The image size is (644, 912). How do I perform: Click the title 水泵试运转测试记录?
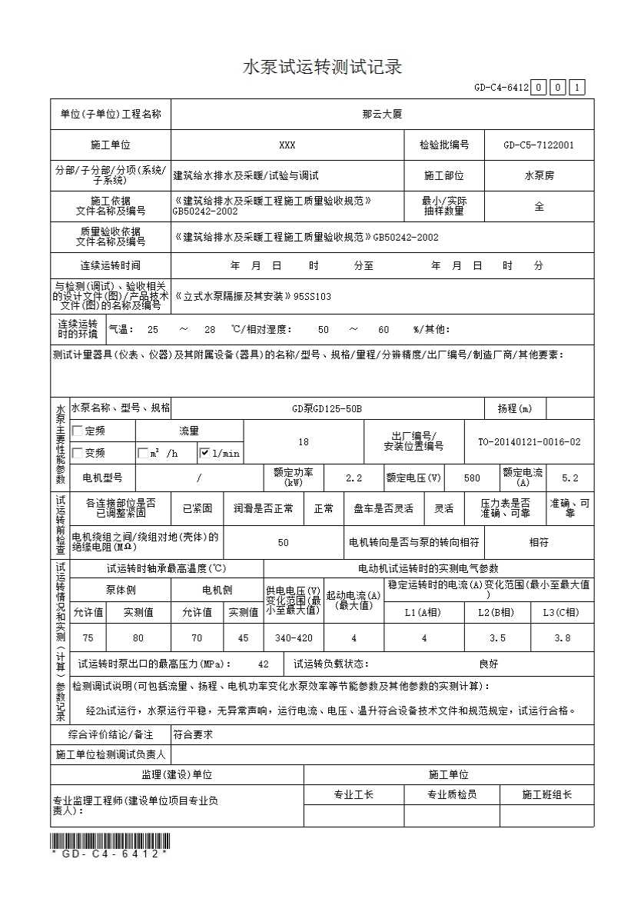(322, 67)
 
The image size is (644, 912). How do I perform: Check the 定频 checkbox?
(77, 431)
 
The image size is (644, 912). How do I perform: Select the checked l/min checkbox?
(204, 453)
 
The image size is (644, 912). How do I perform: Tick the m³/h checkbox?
(143, 453)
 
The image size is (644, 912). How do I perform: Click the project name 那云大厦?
(382, 114)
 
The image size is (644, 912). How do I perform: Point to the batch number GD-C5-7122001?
(539, 145)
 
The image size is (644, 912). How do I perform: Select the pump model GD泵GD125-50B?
(327, 408)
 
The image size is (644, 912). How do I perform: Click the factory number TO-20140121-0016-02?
(529, 442)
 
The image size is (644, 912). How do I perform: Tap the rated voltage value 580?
(472, 478)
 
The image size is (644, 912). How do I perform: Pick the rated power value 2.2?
(354, 478)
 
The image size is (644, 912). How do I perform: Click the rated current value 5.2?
(569, 478)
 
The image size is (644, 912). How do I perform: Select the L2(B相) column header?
(496, 612)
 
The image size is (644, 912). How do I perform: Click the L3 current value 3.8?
(562, 638)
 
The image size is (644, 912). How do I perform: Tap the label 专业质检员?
(452, 794)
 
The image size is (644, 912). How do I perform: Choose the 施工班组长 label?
(546, 794)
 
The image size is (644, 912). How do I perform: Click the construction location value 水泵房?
(539, 175)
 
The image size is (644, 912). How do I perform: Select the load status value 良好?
(488, 664)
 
